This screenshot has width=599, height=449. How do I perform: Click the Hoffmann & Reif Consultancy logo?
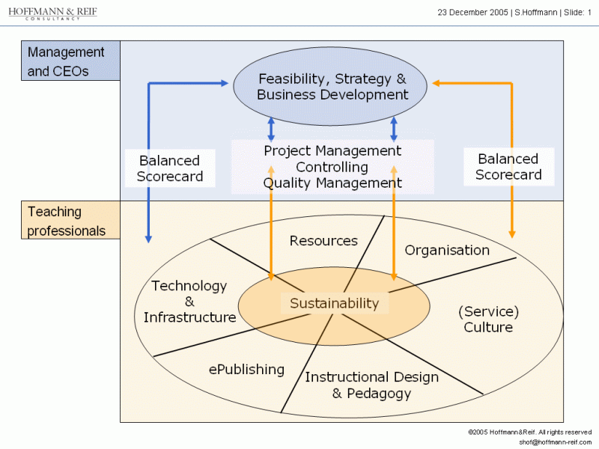pos(52,13)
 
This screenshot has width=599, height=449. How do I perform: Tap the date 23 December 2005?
pos(472,13)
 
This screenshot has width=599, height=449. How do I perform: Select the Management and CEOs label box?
pos(70,61)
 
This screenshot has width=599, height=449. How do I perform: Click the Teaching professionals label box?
pos(70,220)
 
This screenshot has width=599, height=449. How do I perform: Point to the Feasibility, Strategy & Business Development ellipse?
pos(330,86)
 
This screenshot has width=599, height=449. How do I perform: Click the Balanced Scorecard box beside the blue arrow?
pos(170,168)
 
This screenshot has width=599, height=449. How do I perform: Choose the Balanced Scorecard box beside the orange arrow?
pos(509,167)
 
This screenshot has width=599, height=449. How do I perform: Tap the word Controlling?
pos(332,167)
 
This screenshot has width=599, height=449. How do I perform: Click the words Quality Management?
pos(332,183)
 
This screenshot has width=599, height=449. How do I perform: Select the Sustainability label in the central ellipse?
pos(334,303)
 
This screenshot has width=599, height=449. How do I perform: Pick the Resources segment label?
pos(323,241)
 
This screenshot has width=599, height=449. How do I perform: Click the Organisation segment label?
pos(447,251)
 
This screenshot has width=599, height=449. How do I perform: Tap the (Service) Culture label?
pos(489,320)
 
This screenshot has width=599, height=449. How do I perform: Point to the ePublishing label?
pos(246,370)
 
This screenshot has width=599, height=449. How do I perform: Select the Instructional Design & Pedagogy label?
pos(371,385)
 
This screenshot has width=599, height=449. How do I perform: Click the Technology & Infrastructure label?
pos(189,302)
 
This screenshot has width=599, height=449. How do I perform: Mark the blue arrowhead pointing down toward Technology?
pos(148,239)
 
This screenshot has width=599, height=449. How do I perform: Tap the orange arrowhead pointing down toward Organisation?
pos(512,234)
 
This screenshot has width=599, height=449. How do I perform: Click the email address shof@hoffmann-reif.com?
pos(555,442)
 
